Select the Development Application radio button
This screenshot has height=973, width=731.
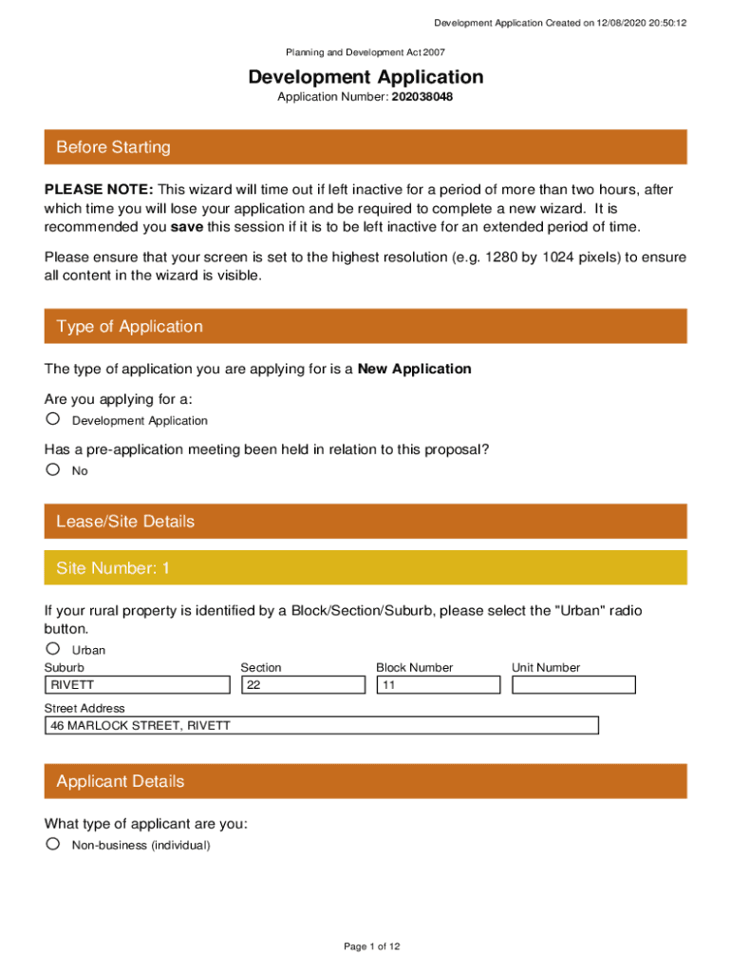click(x=53, y=419)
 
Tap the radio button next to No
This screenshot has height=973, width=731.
click(x=53, y=469)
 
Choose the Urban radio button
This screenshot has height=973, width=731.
click(x=53, y=649)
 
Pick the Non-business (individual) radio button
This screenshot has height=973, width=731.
click(x=53, y=844)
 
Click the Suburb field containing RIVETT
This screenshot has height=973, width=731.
click(x=138, y=684)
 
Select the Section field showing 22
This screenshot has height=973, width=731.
click(x=303, y=684)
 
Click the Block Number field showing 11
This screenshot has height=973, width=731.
click(x=439, y=684)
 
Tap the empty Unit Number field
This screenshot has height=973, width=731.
click(x=573, y=684)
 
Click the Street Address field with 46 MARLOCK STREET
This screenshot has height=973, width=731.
click(x=322, y=726)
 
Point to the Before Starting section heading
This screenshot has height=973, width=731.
click(x=114, y=147)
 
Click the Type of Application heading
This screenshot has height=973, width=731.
click(x=129, y=327)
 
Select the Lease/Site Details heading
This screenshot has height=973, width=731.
click(x=125, y=522)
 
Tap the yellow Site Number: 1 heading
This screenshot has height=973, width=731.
click(x=113, y=568)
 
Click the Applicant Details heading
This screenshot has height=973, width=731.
click(x=121, y=782)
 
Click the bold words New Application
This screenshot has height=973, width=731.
click(x=414, y=369)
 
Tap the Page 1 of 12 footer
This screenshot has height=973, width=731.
click(x=372, y=946)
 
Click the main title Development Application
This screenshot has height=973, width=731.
click(x=365, y=77)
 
